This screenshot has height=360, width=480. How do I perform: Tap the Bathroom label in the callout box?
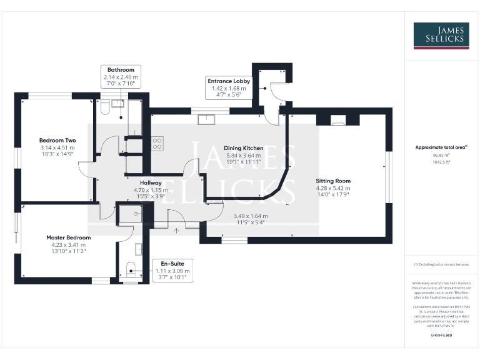click(121, 70)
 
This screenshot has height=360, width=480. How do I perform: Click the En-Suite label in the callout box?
click(173, 264)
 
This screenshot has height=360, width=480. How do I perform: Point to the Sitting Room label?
click(332, 180)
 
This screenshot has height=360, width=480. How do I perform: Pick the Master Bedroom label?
click(68, 237)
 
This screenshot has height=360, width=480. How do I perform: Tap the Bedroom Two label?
click(57, 140)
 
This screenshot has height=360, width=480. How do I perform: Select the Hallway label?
click(151, 182)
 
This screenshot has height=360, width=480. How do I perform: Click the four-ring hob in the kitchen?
click(156, 144)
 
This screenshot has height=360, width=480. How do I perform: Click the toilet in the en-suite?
click(130, 271)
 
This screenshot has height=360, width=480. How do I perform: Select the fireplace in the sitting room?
click(337, 121)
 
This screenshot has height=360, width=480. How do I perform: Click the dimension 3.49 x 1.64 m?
click(250, 216)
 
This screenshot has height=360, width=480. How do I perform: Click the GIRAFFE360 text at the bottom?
click(441, 336)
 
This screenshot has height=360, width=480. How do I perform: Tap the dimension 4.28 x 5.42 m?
click(332, 187)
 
